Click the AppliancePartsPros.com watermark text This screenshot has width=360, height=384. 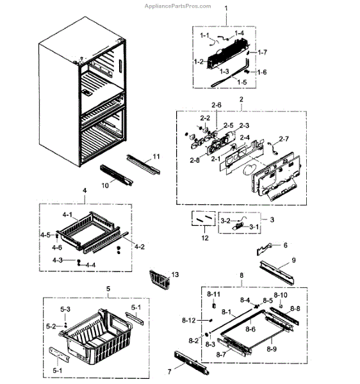177,6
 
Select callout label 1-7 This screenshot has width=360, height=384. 262,52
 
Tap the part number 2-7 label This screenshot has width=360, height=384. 284,139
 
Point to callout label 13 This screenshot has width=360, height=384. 175,275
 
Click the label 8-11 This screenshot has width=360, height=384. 213,294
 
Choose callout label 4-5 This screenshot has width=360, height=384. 45,235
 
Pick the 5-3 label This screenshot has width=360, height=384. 65,309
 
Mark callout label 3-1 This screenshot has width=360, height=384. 254,227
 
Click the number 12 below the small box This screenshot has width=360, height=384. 205,238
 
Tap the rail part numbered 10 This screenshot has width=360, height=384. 116,175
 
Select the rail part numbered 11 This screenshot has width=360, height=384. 143,164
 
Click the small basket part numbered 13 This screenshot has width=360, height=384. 160,280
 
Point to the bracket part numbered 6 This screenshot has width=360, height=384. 264,248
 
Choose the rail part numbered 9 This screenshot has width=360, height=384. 277,273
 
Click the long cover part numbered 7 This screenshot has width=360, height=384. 192,363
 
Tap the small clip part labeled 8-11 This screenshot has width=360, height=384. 214,305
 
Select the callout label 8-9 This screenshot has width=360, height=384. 272,349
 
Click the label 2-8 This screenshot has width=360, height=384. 195,160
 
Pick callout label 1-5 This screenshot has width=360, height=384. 242,83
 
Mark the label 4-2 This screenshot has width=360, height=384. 140,246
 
